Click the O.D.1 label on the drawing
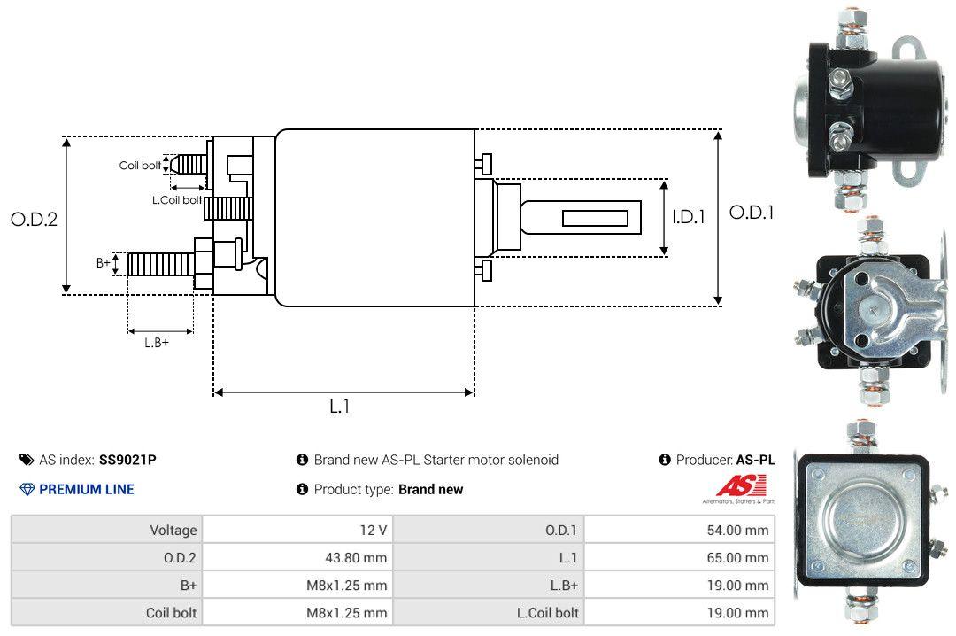point(751,213)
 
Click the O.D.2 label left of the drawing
point(34,220)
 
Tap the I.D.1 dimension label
point(688,216)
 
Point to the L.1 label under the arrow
point(340,407)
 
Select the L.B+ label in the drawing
point(157,342)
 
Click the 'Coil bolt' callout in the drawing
point(140,166)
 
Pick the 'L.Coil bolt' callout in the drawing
point(176,200)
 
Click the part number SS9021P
point(127,460)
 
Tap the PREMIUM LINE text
point(87,489)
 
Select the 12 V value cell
point(374,530)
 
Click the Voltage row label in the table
point(173,530)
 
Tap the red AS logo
point(735,485)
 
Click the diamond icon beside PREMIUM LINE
point(27,489)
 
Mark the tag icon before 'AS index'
point(27,460)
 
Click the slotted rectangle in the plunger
point(595,218)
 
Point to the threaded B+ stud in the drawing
point(161,263)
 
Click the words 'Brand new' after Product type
point(430,489)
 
